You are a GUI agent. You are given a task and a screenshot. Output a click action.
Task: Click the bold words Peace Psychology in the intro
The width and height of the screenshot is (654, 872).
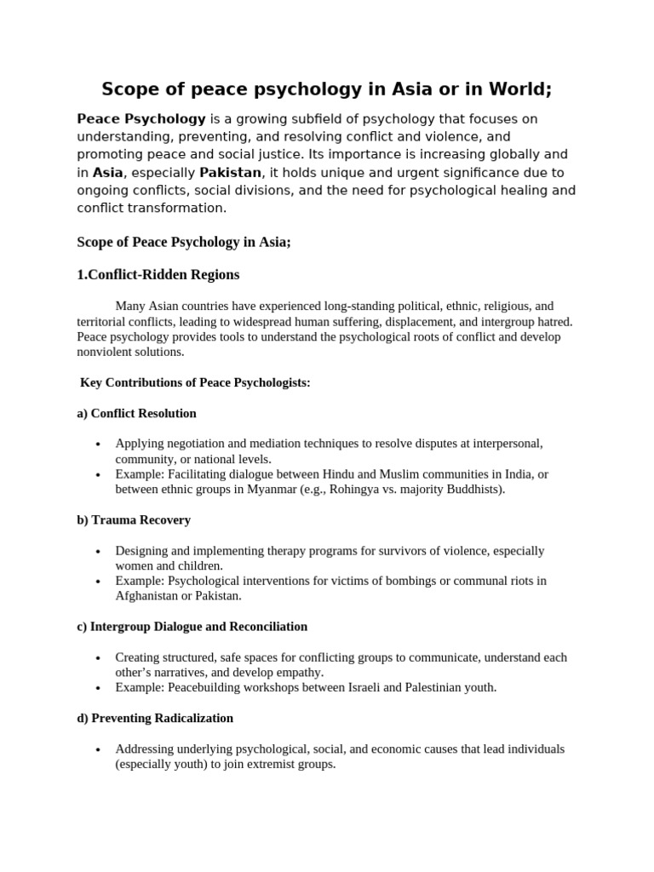[x=141, y=118]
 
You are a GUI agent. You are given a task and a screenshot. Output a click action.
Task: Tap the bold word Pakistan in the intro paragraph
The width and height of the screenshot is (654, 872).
[x=230, y=173]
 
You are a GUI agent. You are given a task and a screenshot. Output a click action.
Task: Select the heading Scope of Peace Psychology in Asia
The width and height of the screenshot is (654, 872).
[x=184, y=243]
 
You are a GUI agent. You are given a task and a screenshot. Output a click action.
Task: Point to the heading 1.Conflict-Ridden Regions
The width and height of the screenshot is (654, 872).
[x=158, y=275]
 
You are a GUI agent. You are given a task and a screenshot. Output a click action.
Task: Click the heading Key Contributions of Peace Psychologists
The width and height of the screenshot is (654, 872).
[x=195, y=383]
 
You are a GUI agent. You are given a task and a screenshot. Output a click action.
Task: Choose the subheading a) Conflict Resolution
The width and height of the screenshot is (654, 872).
[x=136, y=414]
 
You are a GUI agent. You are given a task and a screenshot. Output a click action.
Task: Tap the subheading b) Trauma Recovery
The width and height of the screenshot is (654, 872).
[x=134, y=520]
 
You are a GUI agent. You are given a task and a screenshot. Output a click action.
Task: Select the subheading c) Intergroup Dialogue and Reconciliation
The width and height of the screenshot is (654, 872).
[x=192, y=627]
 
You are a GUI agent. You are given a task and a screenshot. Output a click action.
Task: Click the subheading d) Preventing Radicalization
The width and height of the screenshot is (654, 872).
[x=155, y=719]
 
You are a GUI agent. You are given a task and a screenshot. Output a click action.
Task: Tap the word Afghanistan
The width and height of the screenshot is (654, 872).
[x=149, y=596]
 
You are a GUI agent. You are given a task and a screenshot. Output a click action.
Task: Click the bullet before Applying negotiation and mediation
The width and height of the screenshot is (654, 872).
[x=99, y=445]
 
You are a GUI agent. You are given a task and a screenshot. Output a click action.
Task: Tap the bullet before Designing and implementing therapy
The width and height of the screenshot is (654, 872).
[x=99, y=552]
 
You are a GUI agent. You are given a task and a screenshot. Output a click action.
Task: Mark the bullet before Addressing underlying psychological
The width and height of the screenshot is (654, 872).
[x=99, y=750]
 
